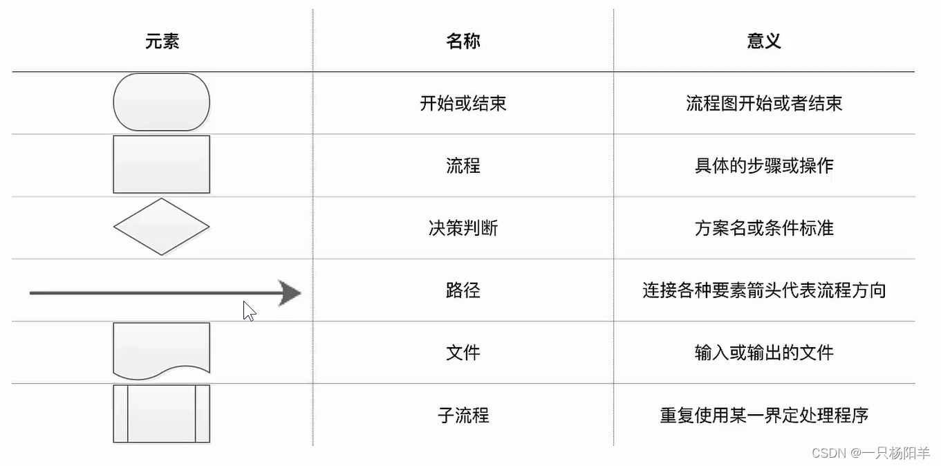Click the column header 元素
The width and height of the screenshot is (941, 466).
162,41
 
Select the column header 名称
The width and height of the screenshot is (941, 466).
463,41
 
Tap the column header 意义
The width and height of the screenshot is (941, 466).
764,41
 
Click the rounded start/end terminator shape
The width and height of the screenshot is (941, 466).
162,102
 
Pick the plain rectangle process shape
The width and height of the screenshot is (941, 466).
162,165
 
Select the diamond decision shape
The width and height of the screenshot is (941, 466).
162,227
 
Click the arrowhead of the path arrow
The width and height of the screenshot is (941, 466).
290,292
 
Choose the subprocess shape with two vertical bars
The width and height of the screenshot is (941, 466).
162,413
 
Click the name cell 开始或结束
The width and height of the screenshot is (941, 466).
463,104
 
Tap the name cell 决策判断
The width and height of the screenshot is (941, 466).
463,228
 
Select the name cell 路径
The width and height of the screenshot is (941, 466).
463,290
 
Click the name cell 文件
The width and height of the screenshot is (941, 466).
463,353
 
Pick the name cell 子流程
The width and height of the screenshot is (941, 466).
463,416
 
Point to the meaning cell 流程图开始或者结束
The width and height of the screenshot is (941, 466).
764,104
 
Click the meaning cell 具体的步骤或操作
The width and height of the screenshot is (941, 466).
764,166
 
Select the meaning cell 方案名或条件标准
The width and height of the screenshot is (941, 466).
764,228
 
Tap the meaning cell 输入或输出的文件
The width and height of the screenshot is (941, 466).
764,353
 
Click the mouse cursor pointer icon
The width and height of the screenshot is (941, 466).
249,311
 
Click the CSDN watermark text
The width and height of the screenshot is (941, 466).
870,453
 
